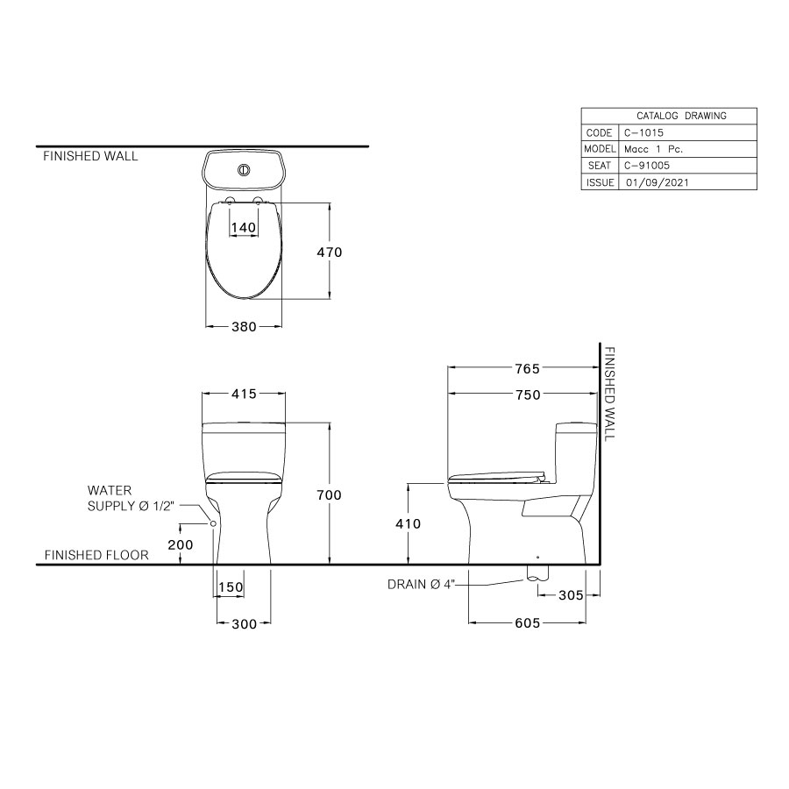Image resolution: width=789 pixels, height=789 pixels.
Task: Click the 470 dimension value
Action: point(329,252)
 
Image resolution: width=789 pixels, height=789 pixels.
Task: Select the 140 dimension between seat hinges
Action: point(243,227)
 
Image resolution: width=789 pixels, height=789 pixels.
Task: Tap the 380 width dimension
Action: point(244,327)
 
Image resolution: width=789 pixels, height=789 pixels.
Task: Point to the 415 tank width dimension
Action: point(244,394)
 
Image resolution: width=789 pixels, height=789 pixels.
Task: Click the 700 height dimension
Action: point(329,495)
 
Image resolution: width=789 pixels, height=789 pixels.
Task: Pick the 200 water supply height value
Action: point(179,544)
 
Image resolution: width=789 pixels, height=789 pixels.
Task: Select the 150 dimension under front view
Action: point(230,587)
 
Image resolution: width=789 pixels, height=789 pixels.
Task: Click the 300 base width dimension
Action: point(245,624)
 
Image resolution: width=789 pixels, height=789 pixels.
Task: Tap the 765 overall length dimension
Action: point(527,368)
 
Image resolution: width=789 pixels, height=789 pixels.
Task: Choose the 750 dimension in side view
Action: point(527,395)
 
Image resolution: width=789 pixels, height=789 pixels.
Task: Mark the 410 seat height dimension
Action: point(409,524)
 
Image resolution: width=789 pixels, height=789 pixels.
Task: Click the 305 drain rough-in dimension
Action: point(571,595)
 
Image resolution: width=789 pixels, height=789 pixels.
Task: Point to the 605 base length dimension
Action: point(527,623)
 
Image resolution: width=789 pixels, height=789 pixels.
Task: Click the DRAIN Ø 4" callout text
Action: point(421,584)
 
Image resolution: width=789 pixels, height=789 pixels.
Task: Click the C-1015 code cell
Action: point(644,132)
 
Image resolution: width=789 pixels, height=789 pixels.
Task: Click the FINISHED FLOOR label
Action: point(96,555)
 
